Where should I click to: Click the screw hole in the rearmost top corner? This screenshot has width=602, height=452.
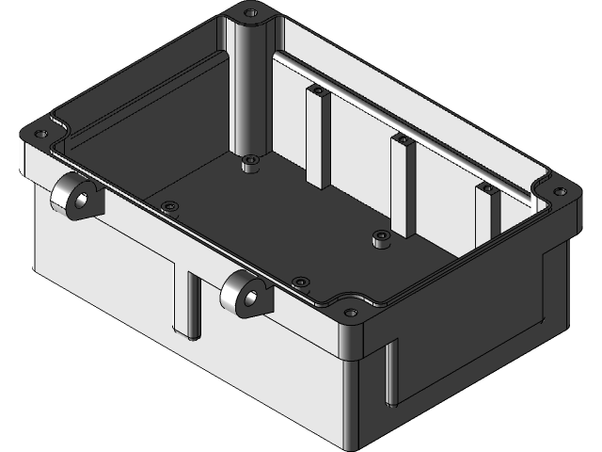coord(251,13)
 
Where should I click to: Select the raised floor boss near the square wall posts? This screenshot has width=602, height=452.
coord(381,237)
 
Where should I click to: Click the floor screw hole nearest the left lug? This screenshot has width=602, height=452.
coord(169,206)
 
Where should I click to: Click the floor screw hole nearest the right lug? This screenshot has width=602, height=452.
coord(300,282)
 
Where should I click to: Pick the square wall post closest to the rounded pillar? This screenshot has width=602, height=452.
coord(318,137)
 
